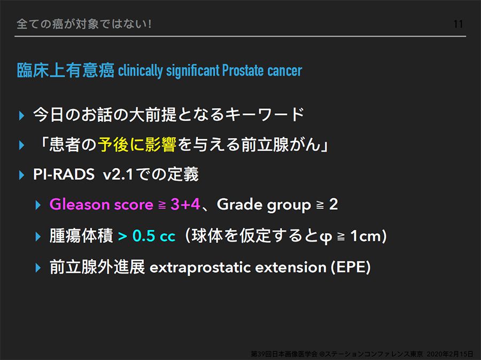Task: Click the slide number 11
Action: (x=458, y=24)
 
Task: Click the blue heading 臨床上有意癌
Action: (x=66, y=70)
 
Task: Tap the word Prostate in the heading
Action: (x=243, y=70)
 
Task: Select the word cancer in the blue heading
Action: (x=284, y=71)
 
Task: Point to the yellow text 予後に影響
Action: (x=137, y=144)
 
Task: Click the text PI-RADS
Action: (x=64, y=174)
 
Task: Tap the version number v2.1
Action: (x=118, y=175)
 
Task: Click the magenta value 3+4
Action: (x=185, y=204)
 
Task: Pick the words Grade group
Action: (x=263, y=205)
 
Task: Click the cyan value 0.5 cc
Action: (x=154, y=236)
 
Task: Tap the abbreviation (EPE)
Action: (x=351, y=267)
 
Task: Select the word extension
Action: (x=291, y=267)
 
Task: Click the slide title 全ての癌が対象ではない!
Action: (x=84, y=24)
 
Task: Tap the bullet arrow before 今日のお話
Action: (x=21, y=115)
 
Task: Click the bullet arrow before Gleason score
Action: (x=38, y=205)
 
